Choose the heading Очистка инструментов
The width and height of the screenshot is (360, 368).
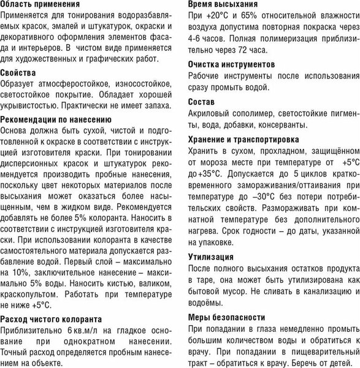point(232,64)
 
